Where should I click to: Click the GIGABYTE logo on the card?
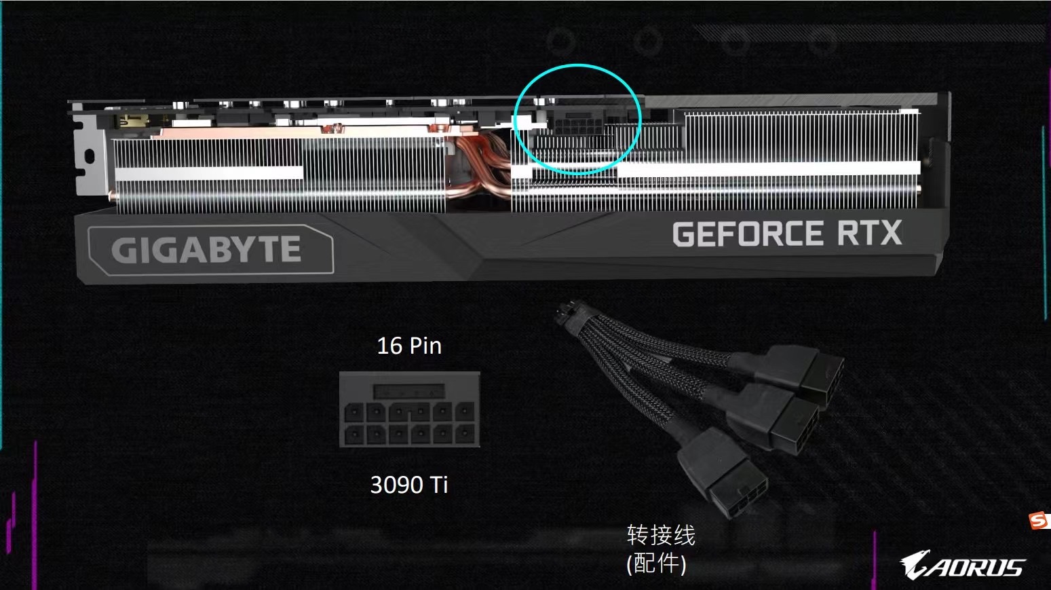point(206,250)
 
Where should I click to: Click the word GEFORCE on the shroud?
point(747,234)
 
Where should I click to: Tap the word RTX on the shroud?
point(869,233)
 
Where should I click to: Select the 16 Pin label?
point(409,346)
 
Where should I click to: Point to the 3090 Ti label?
point(409,485)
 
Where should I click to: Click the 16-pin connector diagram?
point(410,409)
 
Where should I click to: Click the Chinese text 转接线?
point(661,535)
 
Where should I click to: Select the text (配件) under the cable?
point(656,563)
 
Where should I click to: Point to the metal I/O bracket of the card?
point(87,156)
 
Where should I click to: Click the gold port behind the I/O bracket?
point(133,122)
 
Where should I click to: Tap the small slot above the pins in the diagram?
point(410,392)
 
